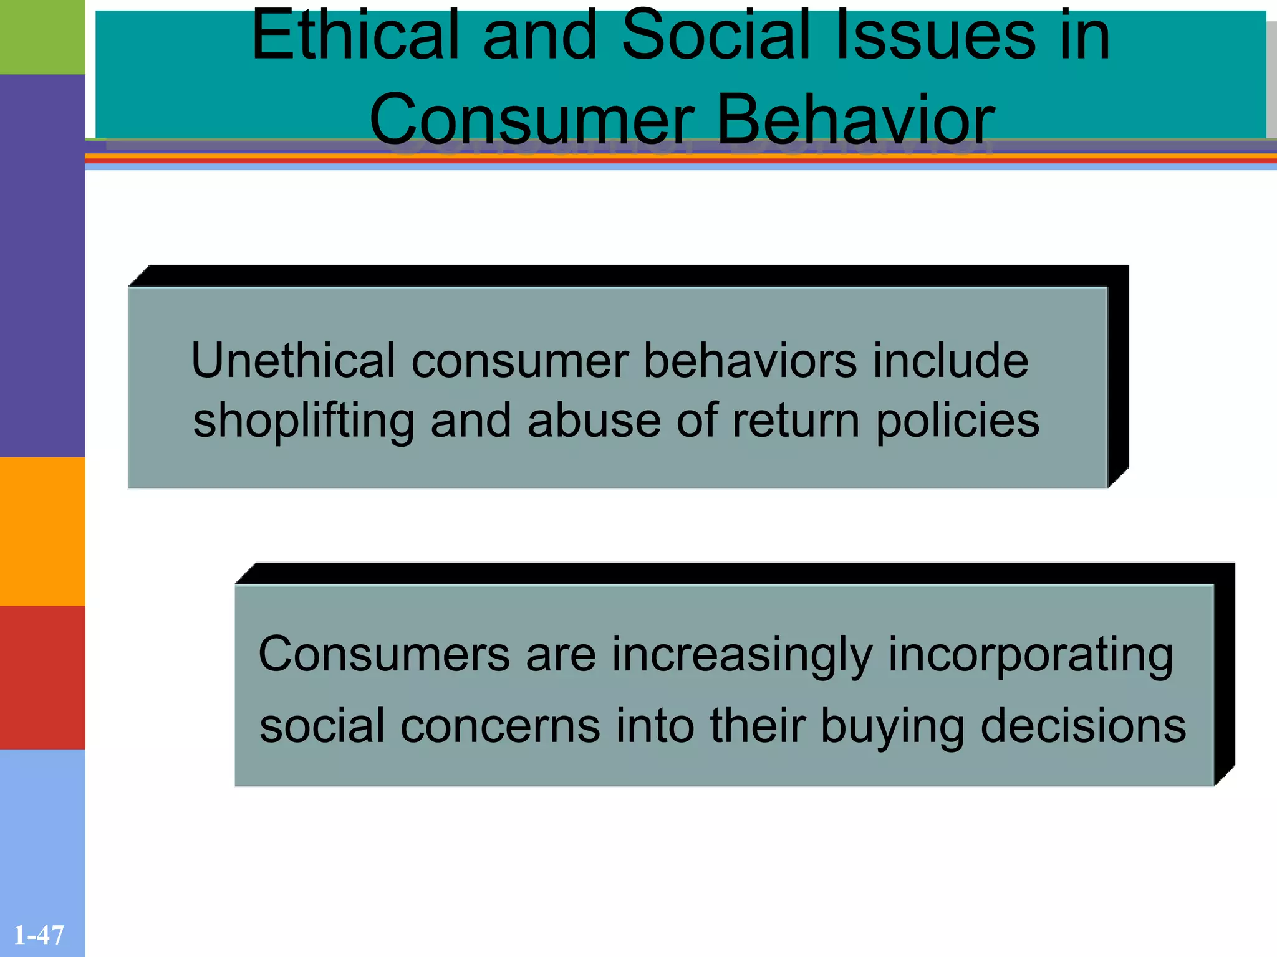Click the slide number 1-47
(x=39, y=935)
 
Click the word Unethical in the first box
(x=293, y=361)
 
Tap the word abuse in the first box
(x=594, y=421)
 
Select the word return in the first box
(x=796, y=421)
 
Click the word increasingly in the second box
(x=742, y=656)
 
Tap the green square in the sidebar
(x=42, y=37)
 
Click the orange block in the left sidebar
(x=42, y=531)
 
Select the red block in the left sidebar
(x=42, y=677)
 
